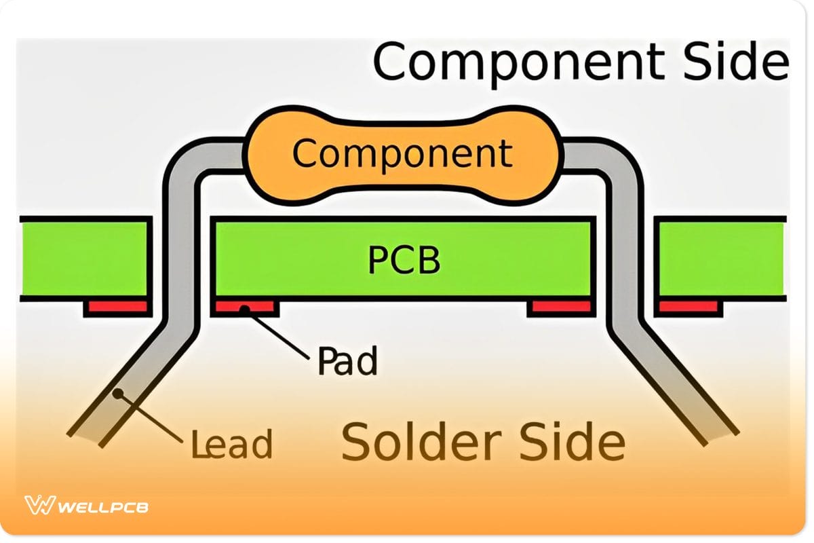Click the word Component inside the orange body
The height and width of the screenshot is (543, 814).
(402, 153)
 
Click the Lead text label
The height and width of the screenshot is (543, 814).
(231, 443)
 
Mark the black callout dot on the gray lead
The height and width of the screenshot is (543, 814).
(118, 393)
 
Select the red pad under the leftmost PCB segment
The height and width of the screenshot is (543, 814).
(117, 307)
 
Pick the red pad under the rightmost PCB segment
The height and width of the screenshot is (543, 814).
(689, 307)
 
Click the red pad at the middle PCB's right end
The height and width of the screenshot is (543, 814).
(560, 307)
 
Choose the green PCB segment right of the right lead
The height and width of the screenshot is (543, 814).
(722, 259)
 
